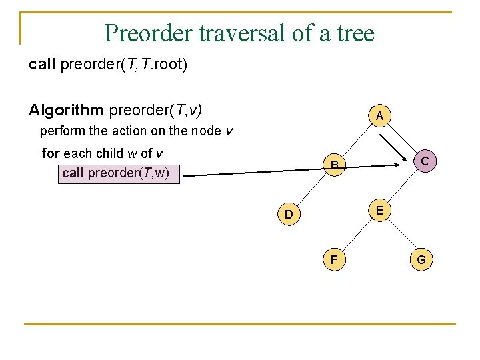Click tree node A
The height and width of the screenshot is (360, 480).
(379, 116)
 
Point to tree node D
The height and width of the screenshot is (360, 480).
(288, 214)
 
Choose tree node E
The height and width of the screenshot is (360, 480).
(379, 210)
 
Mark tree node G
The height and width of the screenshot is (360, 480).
(421, 259)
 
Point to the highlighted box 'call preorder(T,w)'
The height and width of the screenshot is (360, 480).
(119, 173)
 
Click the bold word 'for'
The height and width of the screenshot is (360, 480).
(51, 153)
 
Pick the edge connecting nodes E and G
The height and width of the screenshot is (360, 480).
(400, 235)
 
